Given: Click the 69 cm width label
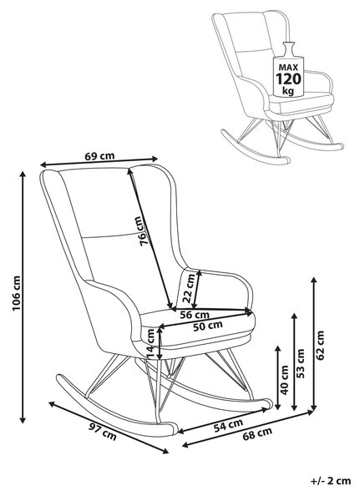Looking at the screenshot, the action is coord(99,156).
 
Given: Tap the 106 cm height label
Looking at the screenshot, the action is coord(17,293).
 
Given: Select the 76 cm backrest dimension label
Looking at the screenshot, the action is coord(139,230).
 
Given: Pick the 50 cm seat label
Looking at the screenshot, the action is coord(208,326).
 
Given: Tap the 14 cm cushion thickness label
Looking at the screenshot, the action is coord(150,343).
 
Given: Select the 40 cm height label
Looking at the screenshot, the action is coord(285,379).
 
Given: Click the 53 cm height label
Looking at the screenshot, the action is coord(301,363).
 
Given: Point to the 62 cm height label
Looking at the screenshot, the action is coord(321,345).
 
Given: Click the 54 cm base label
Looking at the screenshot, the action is coord(228,426).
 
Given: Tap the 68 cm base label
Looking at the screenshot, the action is coord(257,433).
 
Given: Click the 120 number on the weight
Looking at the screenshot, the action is coord(288,78).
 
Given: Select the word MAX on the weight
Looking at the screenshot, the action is coord(288,68).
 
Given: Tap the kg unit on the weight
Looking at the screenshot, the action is coord(288,90).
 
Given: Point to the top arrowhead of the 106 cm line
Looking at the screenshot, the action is coord(23,175).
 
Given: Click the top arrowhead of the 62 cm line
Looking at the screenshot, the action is coord(313,281).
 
